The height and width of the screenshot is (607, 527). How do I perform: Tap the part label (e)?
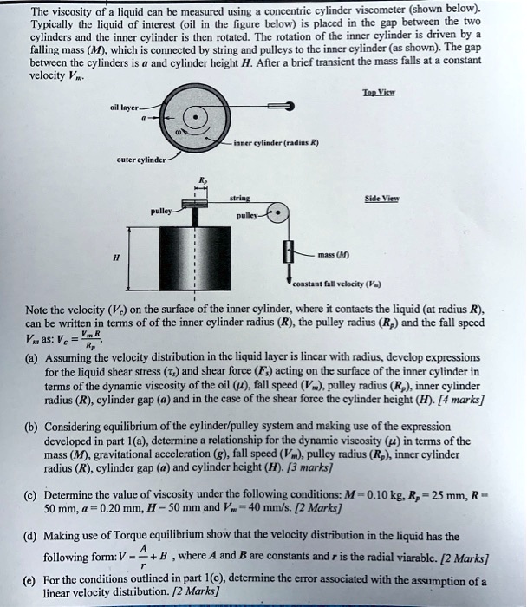(x=31, y=577)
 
